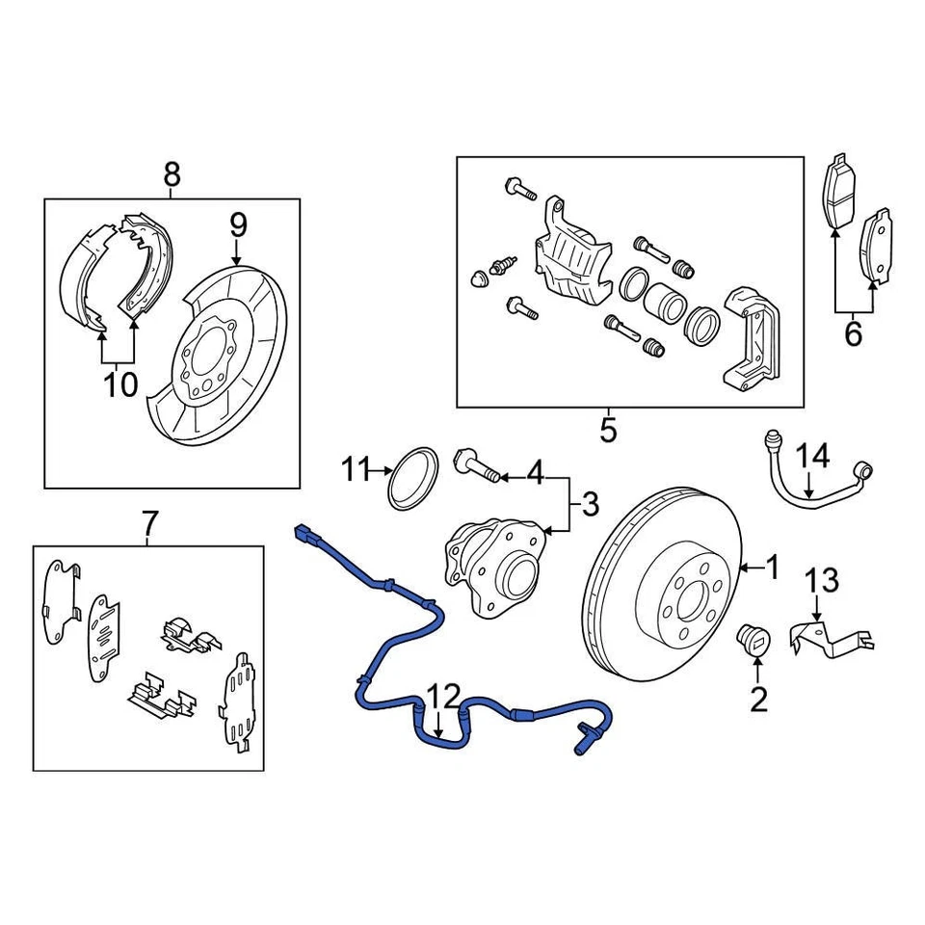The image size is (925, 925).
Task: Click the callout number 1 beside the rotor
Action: [771, 568]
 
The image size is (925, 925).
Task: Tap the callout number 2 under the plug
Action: [759, 699]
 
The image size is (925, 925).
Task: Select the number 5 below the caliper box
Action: [607, 429]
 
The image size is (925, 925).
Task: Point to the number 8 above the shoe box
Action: [172, 174]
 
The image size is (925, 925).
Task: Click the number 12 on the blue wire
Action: [444, 696]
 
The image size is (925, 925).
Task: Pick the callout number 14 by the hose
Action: [812, 455]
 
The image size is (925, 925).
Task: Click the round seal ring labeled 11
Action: [412, 476]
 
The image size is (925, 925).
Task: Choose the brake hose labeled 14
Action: [819, 482]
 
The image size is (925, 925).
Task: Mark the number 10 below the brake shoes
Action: [121, 384]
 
